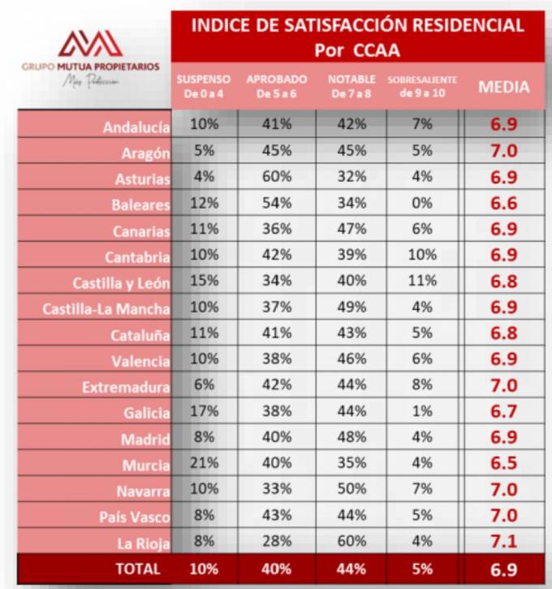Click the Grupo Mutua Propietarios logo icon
click(90, 43)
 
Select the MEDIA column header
click(503, 87)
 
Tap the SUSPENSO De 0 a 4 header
click(204, 86)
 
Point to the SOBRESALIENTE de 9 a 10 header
click(422, 86)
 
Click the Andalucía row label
click(136, 127)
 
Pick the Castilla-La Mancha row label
click(106, 309)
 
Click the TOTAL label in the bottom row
click(138, 569)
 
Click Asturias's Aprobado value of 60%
click(277, 177)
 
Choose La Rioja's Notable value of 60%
click(350, 543)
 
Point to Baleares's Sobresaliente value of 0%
click(422, 203)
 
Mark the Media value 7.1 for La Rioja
click(503, 543)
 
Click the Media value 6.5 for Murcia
click(503, 465)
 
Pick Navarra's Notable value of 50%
click(350, 491)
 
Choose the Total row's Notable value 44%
click(350, 569)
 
